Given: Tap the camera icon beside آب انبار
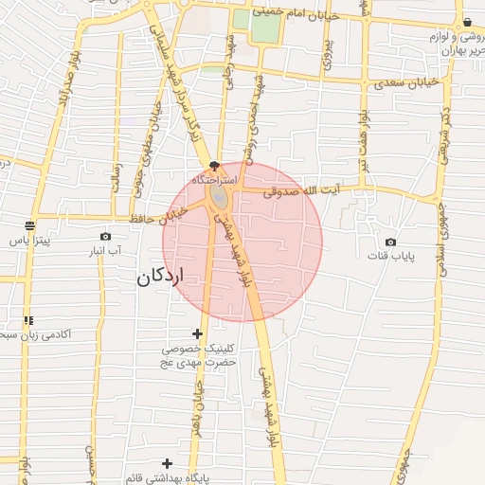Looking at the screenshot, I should tap(105, 237).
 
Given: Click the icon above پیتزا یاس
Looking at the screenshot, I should tap(30, 225).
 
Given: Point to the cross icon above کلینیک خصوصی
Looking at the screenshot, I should tap(197, 333).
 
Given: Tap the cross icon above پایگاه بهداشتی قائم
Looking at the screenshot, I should tap(168, 462).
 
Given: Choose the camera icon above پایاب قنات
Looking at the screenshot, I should tap(390, 242).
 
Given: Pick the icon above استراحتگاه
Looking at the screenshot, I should tap(215, 166).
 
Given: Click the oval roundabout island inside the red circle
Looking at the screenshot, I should tap(219, 196).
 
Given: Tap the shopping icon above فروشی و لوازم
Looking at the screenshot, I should tap(467, 22).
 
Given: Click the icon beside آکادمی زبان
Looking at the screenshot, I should tap(29, 320).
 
